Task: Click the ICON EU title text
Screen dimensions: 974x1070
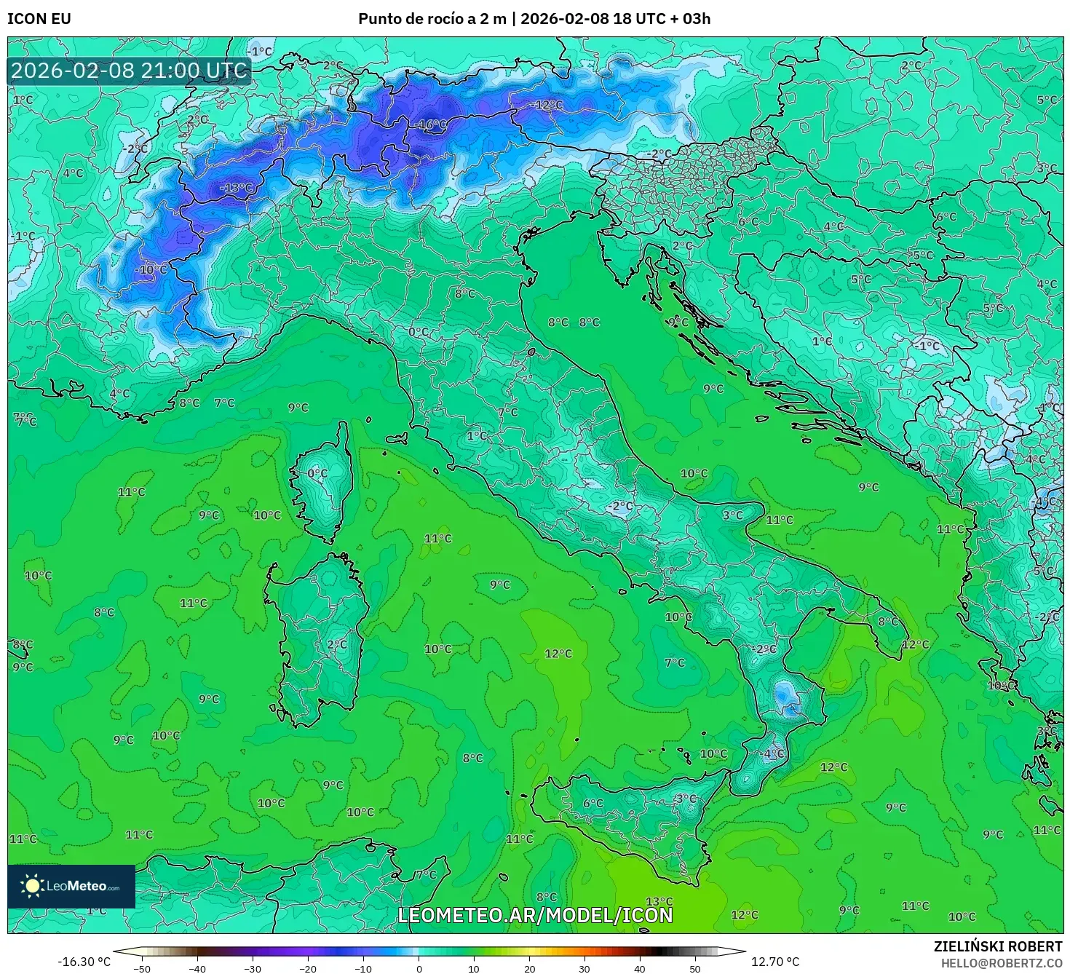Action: click(39, 19)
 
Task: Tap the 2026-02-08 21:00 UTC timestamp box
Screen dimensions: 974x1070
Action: click(130, 71)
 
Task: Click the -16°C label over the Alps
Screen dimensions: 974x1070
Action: click(432, 124)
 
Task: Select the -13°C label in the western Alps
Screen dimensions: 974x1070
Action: click(237, 188)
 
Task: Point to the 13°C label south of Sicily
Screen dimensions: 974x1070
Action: click(659, 902)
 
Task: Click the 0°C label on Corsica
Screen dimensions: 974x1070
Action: click(317, 473)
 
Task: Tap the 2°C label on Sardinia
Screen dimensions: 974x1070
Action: click(337, 645)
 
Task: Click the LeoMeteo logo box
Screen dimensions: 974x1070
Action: click(71, 886)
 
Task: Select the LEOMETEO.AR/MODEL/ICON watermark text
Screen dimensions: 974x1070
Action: click(535, 915)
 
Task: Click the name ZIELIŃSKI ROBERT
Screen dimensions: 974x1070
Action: click(998, 946)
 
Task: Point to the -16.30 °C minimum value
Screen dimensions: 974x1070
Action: click(84, 962)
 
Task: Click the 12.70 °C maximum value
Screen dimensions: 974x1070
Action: click(775, 962)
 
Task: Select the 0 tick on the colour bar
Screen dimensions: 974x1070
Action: click(419, 968)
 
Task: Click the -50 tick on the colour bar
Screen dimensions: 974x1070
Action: click(142, 968)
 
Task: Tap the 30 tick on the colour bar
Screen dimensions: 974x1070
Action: click(584, 968)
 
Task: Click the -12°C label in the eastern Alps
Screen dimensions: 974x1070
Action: click(547, 105)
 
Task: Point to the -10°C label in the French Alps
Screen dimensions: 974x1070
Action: click(151, 269)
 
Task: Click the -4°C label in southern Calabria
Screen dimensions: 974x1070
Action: click(772, 754)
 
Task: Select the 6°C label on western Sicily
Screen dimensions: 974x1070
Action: click(593, 804)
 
